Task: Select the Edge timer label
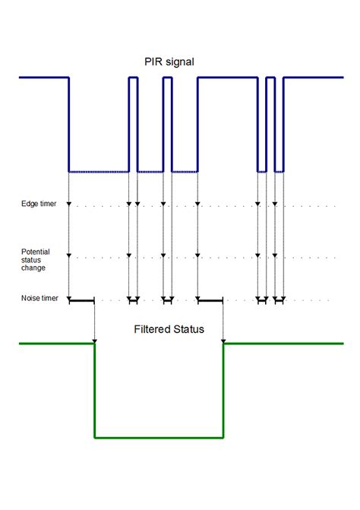pyautogui.click(x=38, y=204)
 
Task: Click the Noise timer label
pyautogui.click(x=39, y=299)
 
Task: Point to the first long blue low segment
pyautogui.click(x=99, y=171)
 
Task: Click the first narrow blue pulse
pyautogui.click(x=133, y=78)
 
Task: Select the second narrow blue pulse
pyautogui.click(x=168, y=78)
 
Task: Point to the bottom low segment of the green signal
pyautogui.click(x=159, y=438)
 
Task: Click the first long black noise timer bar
pyautogui.click(x=81, y=302)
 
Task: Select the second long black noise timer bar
pyautogui.click(x=210, y=302)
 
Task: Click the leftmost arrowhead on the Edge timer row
pyautogui.click(x=69, y=204)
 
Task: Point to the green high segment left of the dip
pyautogui.click(x=57, y=344)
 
